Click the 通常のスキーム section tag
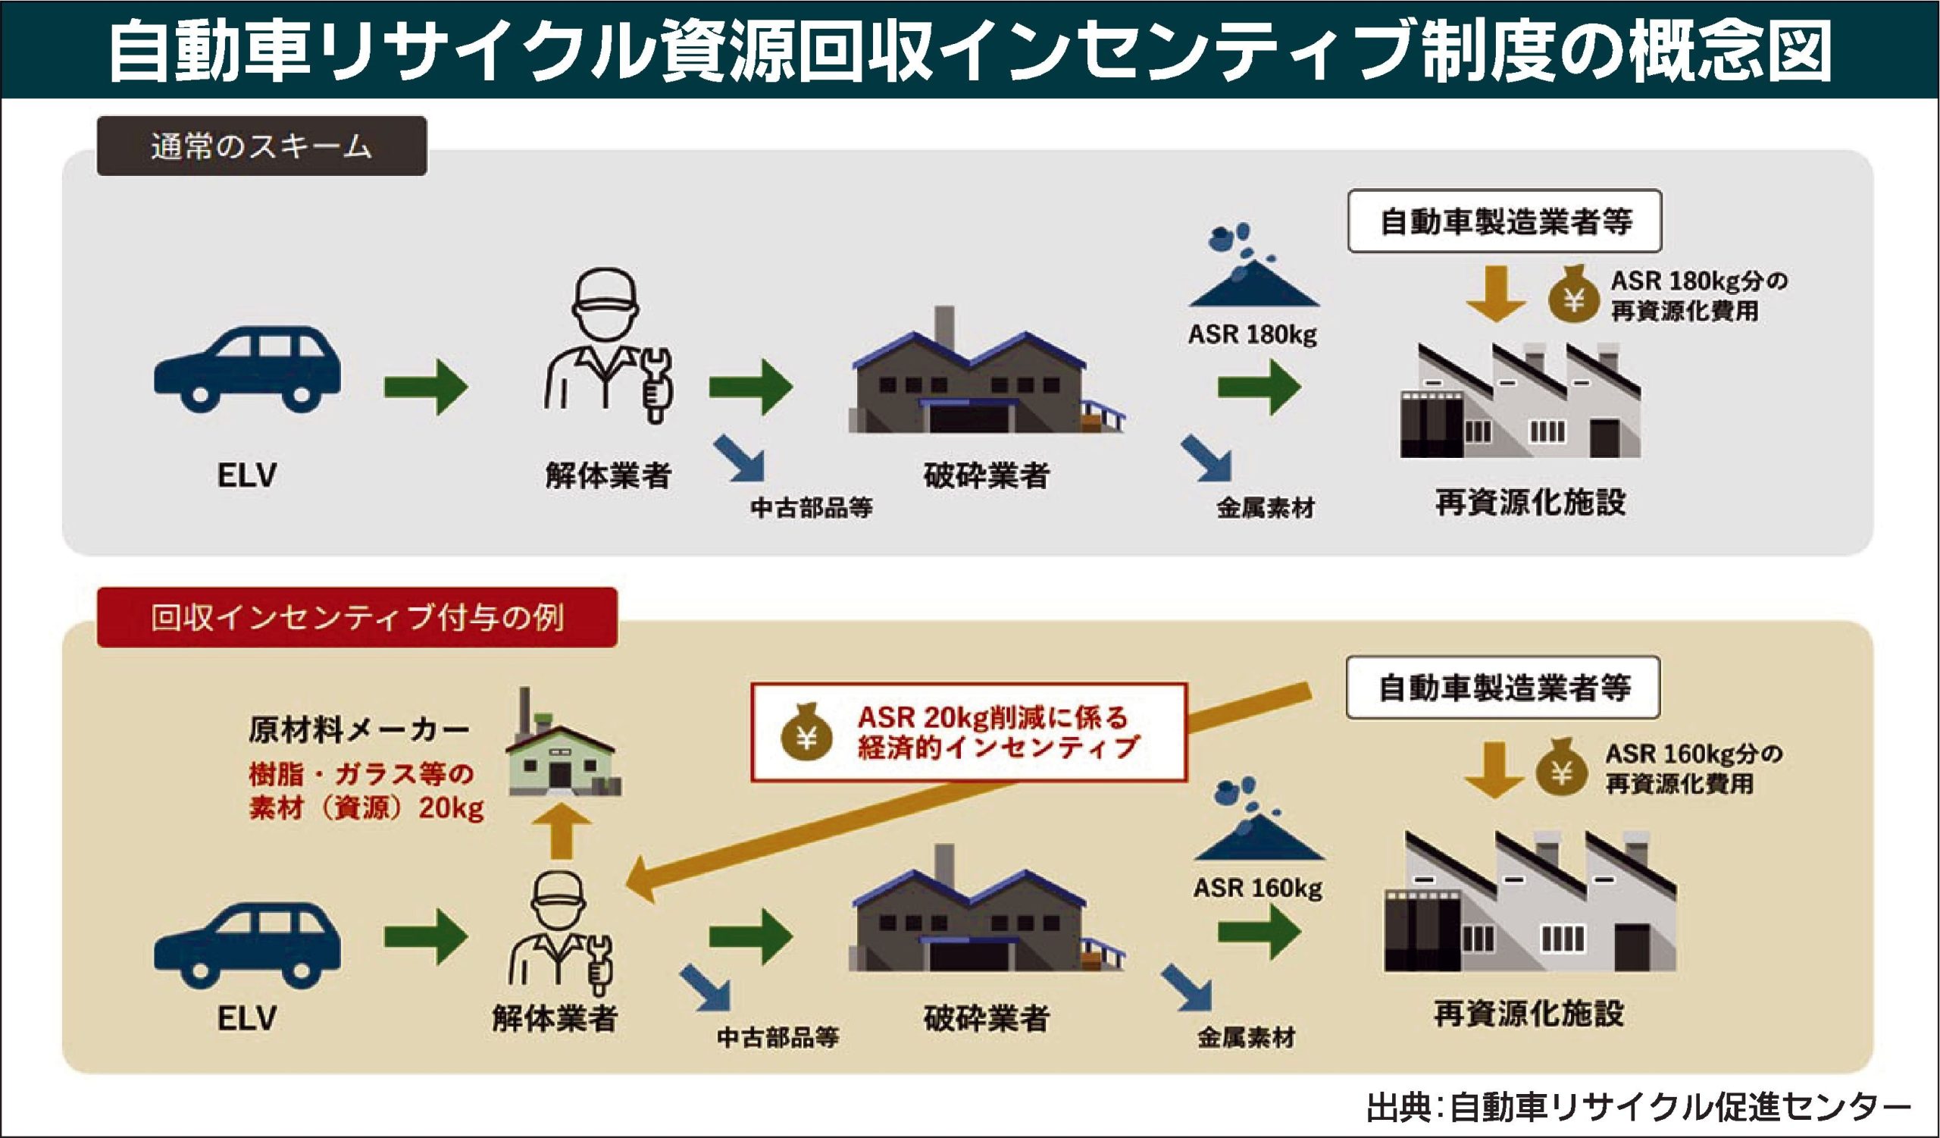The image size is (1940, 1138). (261, 146)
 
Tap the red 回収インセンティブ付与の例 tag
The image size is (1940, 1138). (356, 617)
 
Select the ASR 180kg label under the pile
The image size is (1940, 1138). (1252, 335)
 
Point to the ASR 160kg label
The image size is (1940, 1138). (1257, 888)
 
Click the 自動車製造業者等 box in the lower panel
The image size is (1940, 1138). (1503, 688)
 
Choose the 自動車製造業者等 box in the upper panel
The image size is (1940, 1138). (1504, 221)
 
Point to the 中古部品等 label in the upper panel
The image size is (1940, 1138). (811, 507)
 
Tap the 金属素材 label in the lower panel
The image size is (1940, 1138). (1246, 1037)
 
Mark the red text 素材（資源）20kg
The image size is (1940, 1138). (367, 808)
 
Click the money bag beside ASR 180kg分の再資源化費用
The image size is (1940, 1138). (1573, 295)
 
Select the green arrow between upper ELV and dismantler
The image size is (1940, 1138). (426, 386)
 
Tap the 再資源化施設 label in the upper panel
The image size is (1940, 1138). (1530, 502)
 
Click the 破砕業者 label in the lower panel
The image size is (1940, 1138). (985, 1018)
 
